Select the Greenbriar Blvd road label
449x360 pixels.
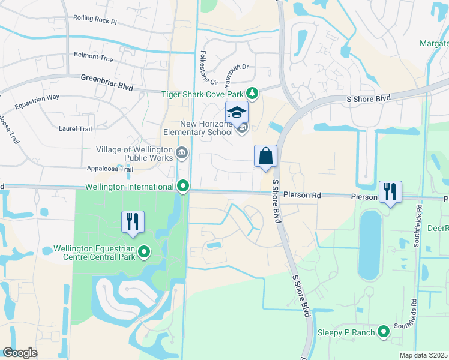107,82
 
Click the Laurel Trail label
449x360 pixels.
76,128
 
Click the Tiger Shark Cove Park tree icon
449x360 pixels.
253,94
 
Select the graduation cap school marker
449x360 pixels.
237,112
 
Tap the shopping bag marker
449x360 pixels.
265,157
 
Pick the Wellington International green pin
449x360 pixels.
184,187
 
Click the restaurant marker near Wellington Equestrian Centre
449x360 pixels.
133,222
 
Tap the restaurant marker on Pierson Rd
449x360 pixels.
390,192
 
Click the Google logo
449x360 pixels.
20,353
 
